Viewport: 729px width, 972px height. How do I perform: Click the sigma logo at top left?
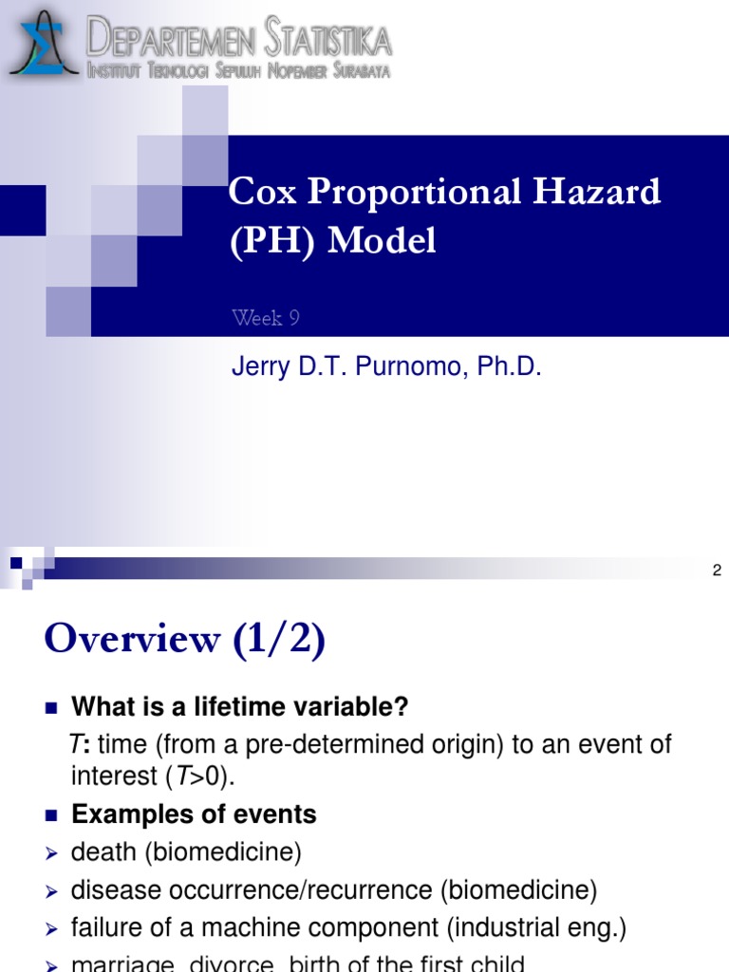[x=44, y=43]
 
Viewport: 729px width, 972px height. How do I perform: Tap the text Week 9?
[x=266, y=318]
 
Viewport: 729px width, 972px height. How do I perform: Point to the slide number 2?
[x=717, y=570]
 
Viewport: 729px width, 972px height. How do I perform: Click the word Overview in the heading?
[x=132, y=641]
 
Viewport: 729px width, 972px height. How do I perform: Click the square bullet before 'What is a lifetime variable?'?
[x=51, y=707]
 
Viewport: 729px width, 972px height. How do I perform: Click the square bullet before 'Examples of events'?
[x=51, y=814]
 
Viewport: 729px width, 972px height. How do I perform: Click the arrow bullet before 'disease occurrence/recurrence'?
[x=52, y=891]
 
